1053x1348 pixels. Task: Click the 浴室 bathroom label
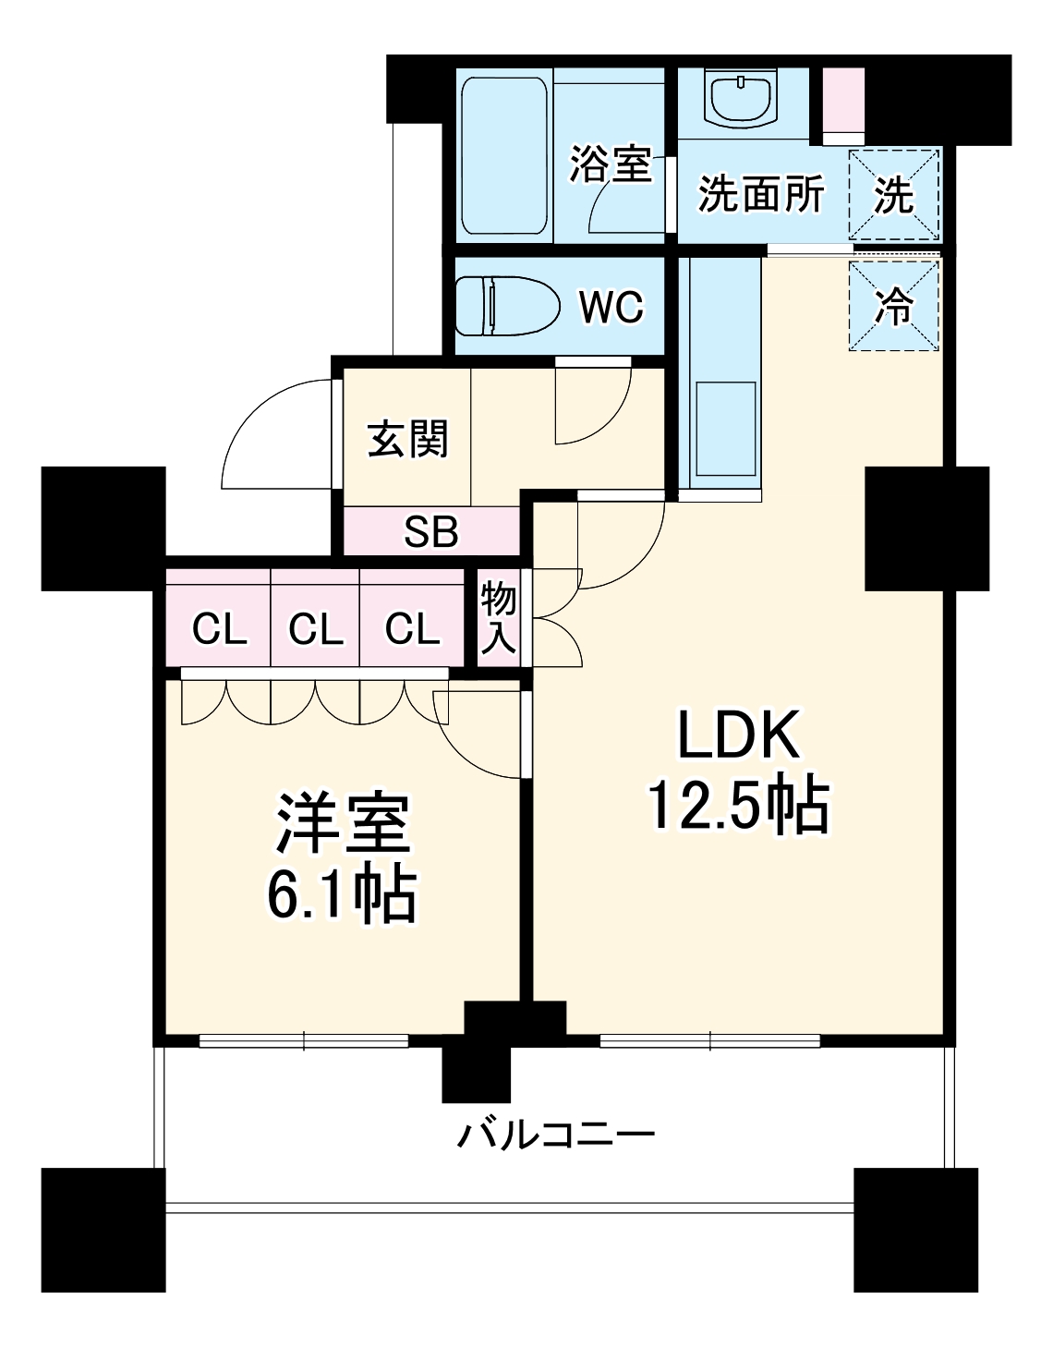(610, 164)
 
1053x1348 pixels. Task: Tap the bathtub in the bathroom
(503, 155)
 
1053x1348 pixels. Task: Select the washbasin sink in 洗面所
(741, 98)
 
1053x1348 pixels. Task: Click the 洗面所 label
(760, 194)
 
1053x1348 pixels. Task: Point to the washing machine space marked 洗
(893, 194)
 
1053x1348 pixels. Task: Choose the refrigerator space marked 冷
(893, 305)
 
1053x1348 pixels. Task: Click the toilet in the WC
(508, 306)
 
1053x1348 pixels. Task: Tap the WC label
(611, 307)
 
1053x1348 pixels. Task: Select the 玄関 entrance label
(407, 438)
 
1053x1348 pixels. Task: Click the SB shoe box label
(431, 532)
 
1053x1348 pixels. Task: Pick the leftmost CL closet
(219, 629)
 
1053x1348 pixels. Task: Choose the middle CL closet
(316, 629)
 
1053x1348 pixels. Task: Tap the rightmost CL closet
(412, 629)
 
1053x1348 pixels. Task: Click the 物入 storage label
(499, 618)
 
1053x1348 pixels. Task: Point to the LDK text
(737, 736)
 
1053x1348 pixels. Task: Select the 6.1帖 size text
(341, 893)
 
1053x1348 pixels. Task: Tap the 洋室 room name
(341, 823)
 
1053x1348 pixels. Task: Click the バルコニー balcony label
(556, 1133)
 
